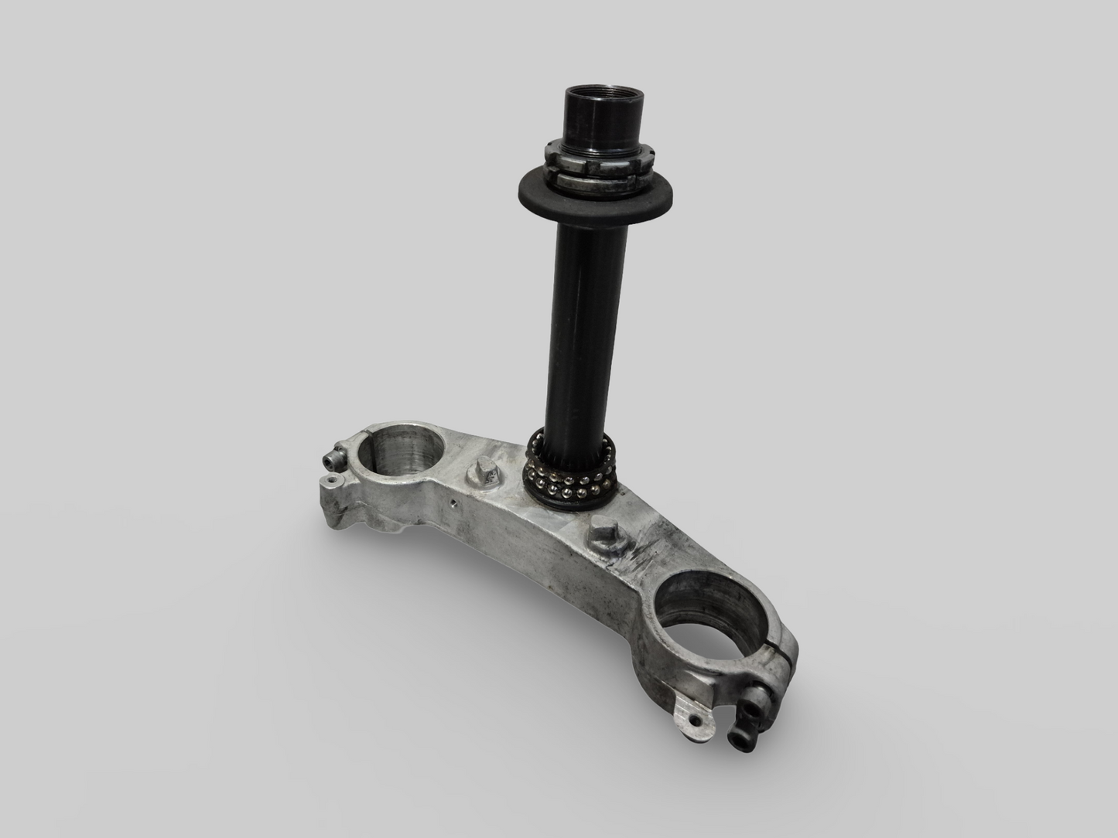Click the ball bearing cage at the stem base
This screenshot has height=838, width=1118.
click(573, 470)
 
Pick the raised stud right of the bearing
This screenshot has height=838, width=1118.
click(602, 533)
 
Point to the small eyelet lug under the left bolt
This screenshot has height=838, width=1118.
click(331, 481)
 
